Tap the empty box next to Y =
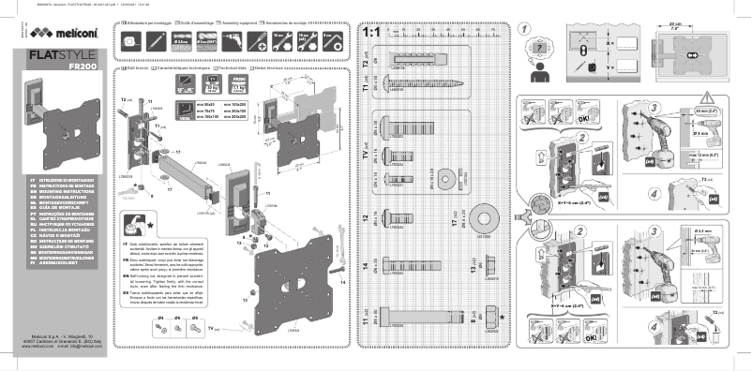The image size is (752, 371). pyautogui.click(x=638, y=67)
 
